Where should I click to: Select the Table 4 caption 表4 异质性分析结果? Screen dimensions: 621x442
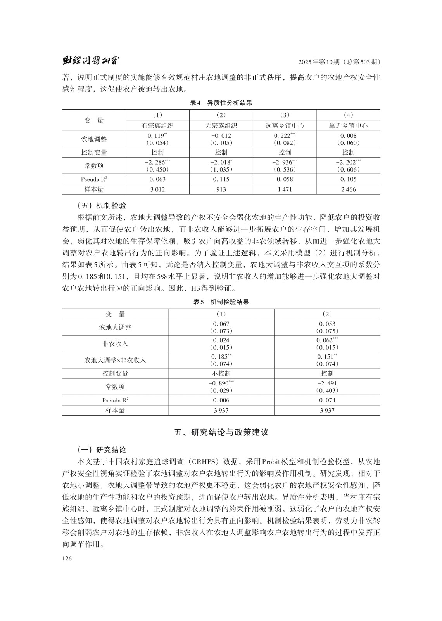pyautogui.click(x=221, y=103)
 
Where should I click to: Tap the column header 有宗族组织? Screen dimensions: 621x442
pyautogui.click(x=157, y=126)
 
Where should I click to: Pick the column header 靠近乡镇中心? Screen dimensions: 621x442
pyautogui.click(x=348, y=126)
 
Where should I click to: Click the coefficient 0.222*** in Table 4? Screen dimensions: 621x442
pyautogui.click(x=284, y=136)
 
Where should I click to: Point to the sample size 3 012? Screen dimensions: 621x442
pyautogui.click(x=157, y=189)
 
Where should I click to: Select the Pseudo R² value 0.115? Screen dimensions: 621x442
pyautogui.click(x=221, y=179)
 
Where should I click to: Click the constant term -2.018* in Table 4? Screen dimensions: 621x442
pyautogui.click(x=221, y=162)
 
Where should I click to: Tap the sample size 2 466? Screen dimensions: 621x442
pyautogui.click(x=348, y=189)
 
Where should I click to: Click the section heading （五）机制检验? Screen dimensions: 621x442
pyautogui.click(x=102, y=205)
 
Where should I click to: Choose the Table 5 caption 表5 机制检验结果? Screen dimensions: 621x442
pyautogui.click(x=221, y=302)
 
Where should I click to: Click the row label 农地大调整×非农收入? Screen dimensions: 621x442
pyautogui.click(x=115, y=360)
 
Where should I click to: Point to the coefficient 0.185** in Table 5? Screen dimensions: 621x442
pyautogui.click(x=221, y=357)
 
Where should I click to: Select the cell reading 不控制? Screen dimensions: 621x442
pyautogui.click(x=221, y=373)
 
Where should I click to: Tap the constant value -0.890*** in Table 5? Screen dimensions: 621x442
pyautogui.click(x=221, y=383)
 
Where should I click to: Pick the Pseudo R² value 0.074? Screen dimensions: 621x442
pyautogui.click(x=327, y=400)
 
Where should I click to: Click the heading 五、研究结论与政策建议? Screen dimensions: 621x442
pyautogui.click(x=221, y=432)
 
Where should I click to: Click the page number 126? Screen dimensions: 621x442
pyautogui.click(x=67, y=559)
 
